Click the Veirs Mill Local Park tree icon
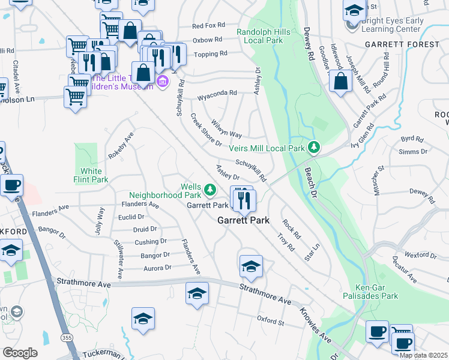click(x=313, y=147)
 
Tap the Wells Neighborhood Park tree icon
click(x=209, y=190)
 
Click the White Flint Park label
click(x=91, y=175)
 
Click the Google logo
click(x=20, y=353)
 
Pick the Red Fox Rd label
click(x=208, y=26)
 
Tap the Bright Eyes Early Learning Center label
click(x=393, y=25)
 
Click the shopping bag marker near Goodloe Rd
click(x=340, y=82)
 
